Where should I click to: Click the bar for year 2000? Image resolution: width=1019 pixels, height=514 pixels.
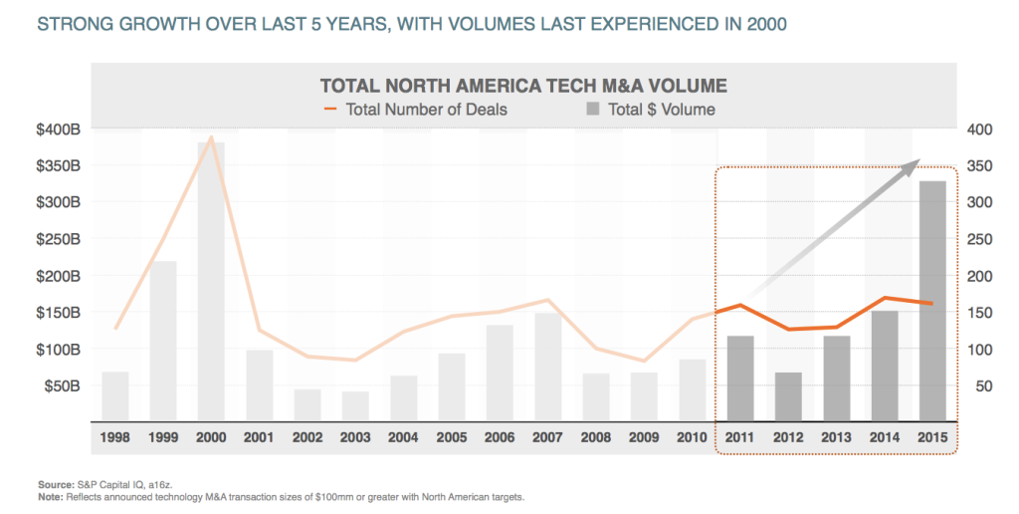coord(211,281)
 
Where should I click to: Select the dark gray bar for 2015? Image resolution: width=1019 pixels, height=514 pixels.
coord(932,301)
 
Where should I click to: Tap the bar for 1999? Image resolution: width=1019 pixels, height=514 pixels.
coord(163,341)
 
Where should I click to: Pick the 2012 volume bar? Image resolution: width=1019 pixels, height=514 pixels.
coord(788,396)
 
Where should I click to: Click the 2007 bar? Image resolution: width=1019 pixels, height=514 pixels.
coord(548,367)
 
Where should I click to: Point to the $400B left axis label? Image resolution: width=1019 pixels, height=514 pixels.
coord(59,129)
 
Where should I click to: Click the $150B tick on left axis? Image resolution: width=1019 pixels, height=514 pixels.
coord(59,313)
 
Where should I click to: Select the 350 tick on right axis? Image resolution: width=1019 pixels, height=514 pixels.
coord(980,166)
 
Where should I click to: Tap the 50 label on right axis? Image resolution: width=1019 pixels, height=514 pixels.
coord(984,386)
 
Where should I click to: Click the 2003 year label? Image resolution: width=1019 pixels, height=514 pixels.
coord(355,437)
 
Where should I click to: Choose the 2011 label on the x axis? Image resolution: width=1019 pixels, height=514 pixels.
coord(739,437)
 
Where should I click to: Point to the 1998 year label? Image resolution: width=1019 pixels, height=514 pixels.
coord(115,437)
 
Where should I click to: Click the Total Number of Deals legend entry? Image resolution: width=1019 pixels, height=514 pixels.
coord(416,110)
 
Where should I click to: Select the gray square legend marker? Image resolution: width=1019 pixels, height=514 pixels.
coord(593,109)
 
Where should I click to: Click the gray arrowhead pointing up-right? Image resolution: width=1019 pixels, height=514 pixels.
coord(909,166)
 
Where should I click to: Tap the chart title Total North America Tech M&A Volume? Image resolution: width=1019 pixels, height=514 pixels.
coord(523,86)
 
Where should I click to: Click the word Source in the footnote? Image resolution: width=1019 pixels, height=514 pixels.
coord(56,485)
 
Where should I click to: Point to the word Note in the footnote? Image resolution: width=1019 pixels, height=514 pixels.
coord(50,498)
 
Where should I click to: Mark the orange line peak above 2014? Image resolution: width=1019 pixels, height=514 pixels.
coord(885,298)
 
